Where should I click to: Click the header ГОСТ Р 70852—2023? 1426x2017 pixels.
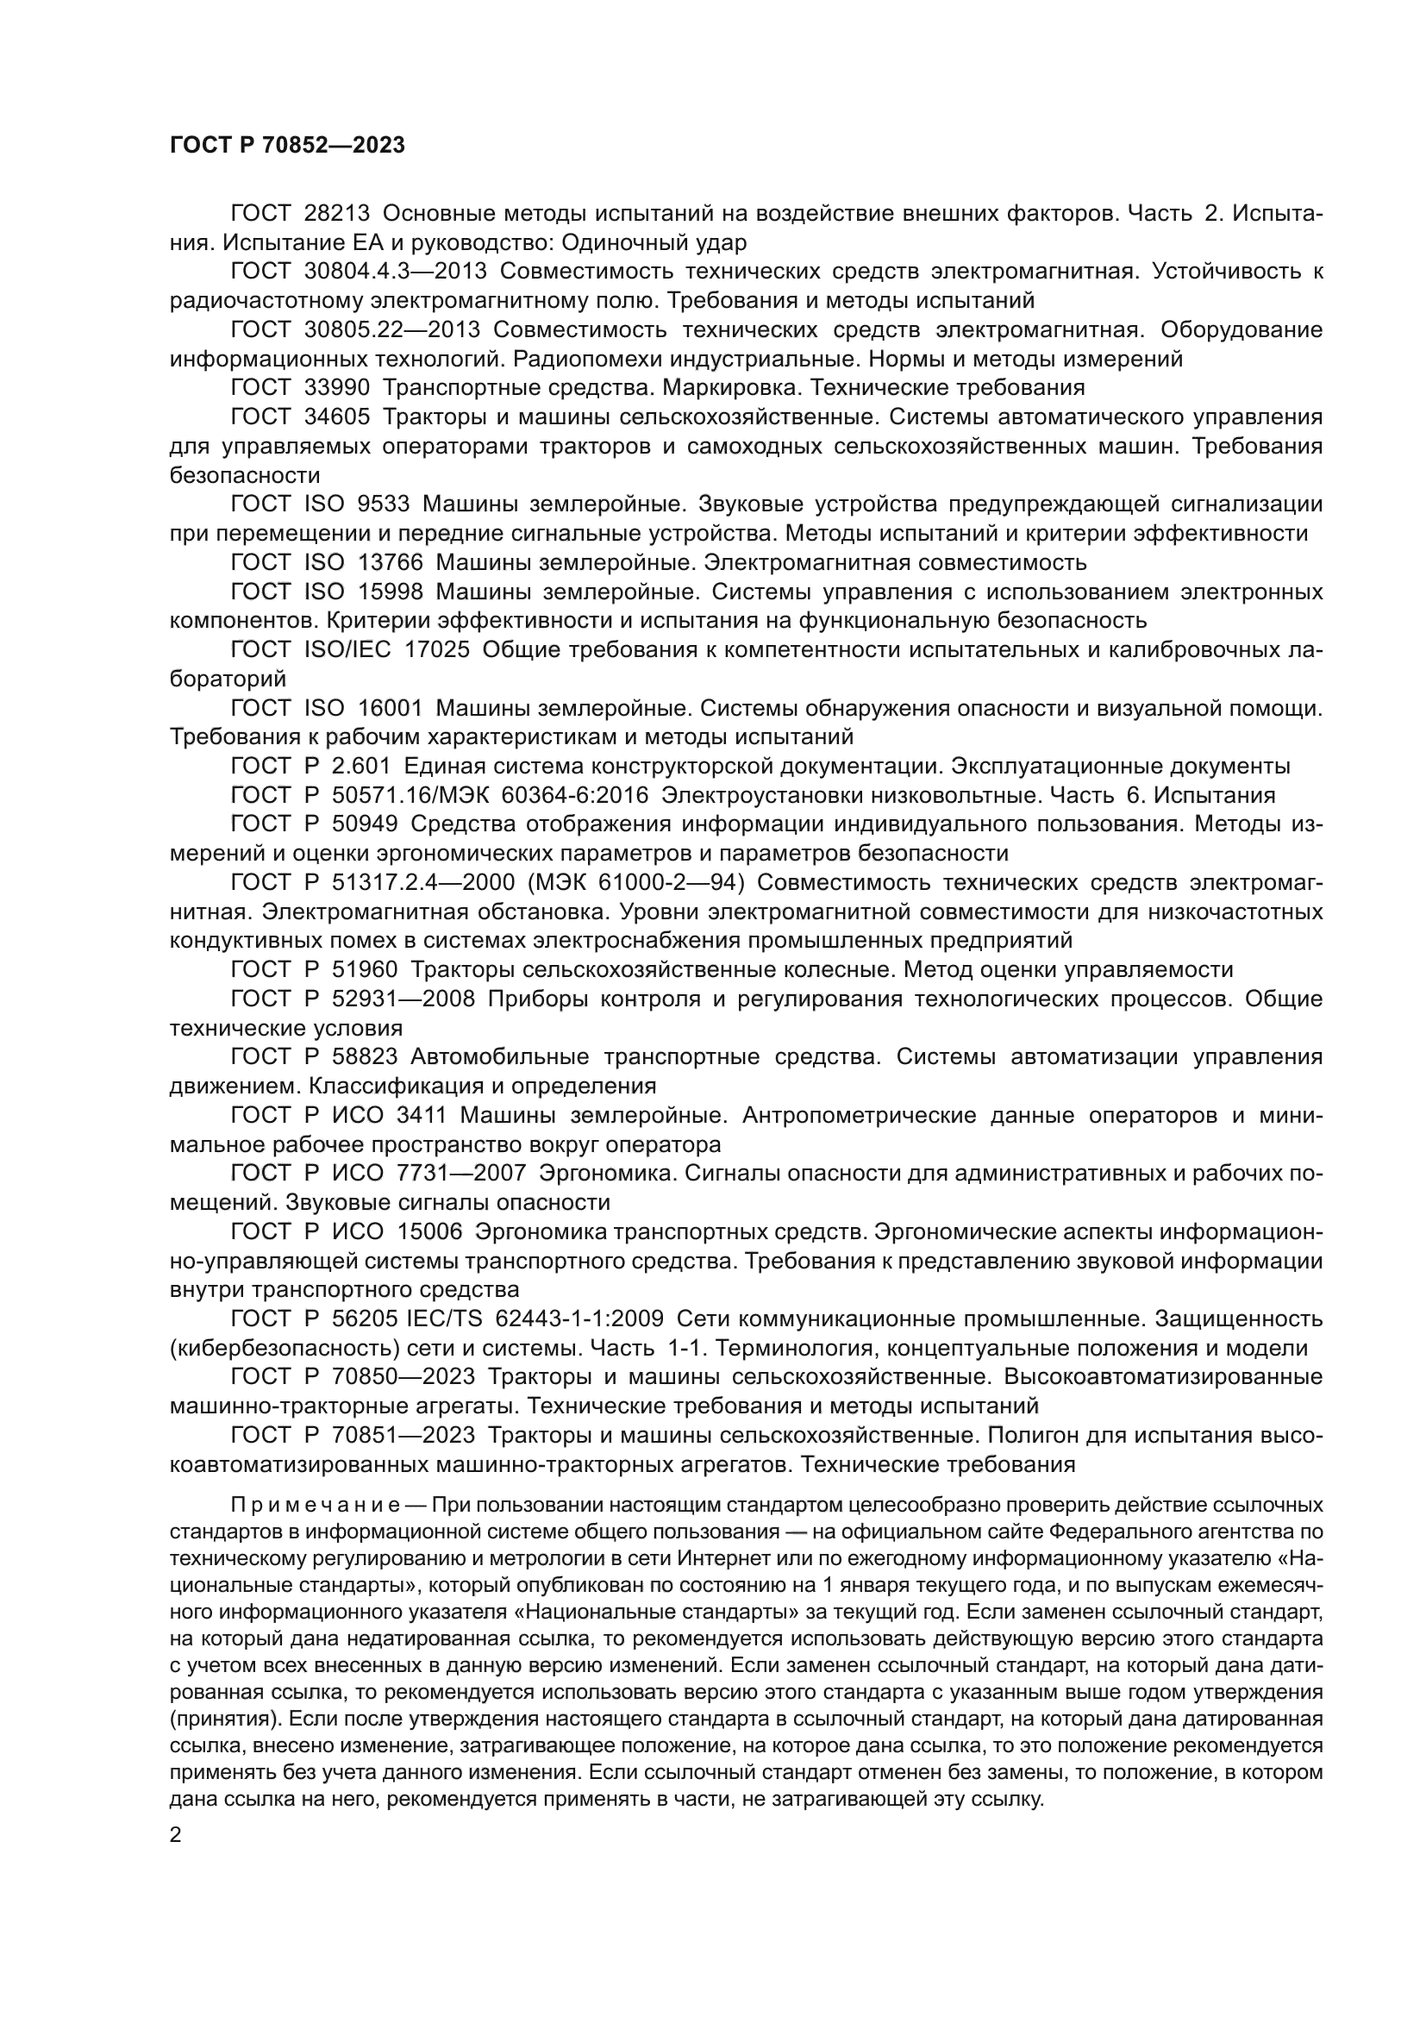pyautogui.click(x=287, y=146)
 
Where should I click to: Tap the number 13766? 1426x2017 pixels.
pyautogui.click(x=390, y=562)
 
